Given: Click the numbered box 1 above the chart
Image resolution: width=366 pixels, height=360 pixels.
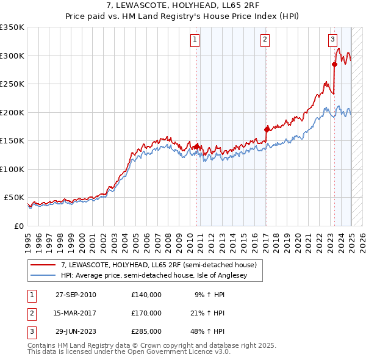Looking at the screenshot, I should [195, 40].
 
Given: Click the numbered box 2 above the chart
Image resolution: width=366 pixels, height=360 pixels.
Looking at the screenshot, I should [265, 40].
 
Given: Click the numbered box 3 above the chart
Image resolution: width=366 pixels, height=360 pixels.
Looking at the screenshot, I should [333, 40].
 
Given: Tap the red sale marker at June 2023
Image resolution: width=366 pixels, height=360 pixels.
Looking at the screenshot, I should [335, 64].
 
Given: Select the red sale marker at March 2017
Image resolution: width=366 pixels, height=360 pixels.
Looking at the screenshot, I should [267, 129].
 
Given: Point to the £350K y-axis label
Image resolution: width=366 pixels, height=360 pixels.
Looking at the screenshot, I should [12, 27].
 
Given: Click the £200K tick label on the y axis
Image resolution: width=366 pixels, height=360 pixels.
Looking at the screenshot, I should [12, 112].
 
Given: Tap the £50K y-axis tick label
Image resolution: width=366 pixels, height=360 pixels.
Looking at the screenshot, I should [15, 198].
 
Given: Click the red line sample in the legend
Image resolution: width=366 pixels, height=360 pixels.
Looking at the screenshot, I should [43, 265].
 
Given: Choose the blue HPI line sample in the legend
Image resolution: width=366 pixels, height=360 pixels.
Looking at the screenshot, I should [43, 275].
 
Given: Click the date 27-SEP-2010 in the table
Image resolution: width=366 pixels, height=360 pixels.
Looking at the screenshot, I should [76, 295].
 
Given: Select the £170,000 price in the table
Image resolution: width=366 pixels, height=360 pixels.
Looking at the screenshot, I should [146, 313].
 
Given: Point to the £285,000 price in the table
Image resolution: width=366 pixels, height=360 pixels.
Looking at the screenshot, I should [146, 332].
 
